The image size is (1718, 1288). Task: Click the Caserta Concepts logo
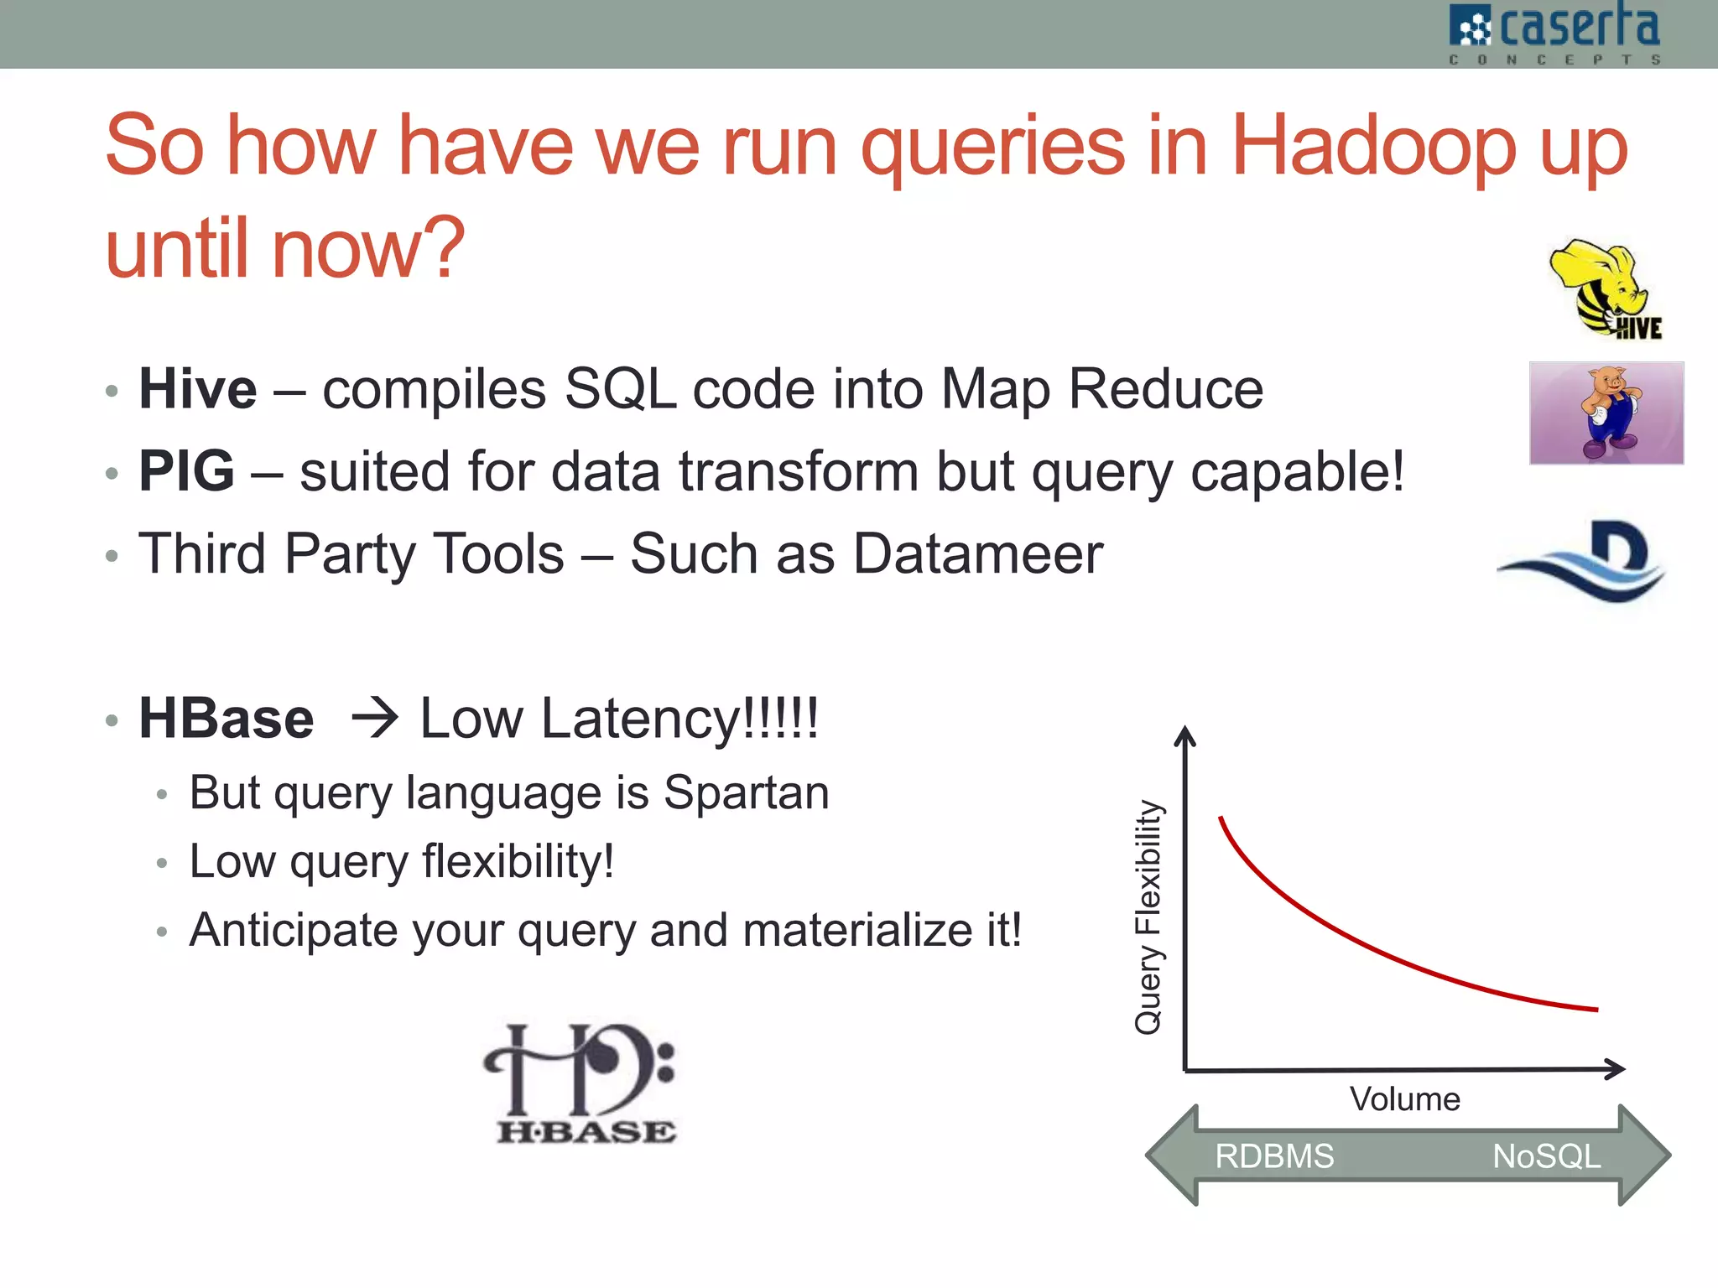click(1554, 34)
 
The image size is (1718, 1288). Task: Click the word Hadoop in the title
click(1372, 146)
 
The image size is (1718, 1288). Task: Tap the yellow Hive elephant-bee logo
click(1604, 288)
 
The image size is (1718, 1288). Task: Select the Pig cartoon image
click(1606, 413)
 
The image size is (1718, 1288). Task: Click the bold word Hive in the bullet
click(197, 389)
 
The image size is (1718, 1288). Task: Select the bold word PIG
click(186, 471)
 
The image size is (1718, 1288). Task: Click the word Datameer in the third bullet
click(977, 554)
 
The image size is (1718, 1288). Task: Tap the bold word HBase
click(226, 719)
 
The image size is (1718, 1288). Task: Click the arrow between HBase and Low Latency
click(373, 719)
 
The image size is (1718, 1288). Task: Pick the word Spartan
click(746, 792)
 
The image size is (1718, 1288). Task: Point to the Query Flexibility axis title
click(1148, 917)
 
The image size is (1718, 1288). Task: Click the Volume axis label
click(1404, 1099)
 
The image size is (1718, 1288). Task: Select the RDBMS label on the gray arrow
click(1273, 1156)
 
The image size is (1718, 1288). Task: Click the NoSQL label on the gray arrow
click(1546, 1156)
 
